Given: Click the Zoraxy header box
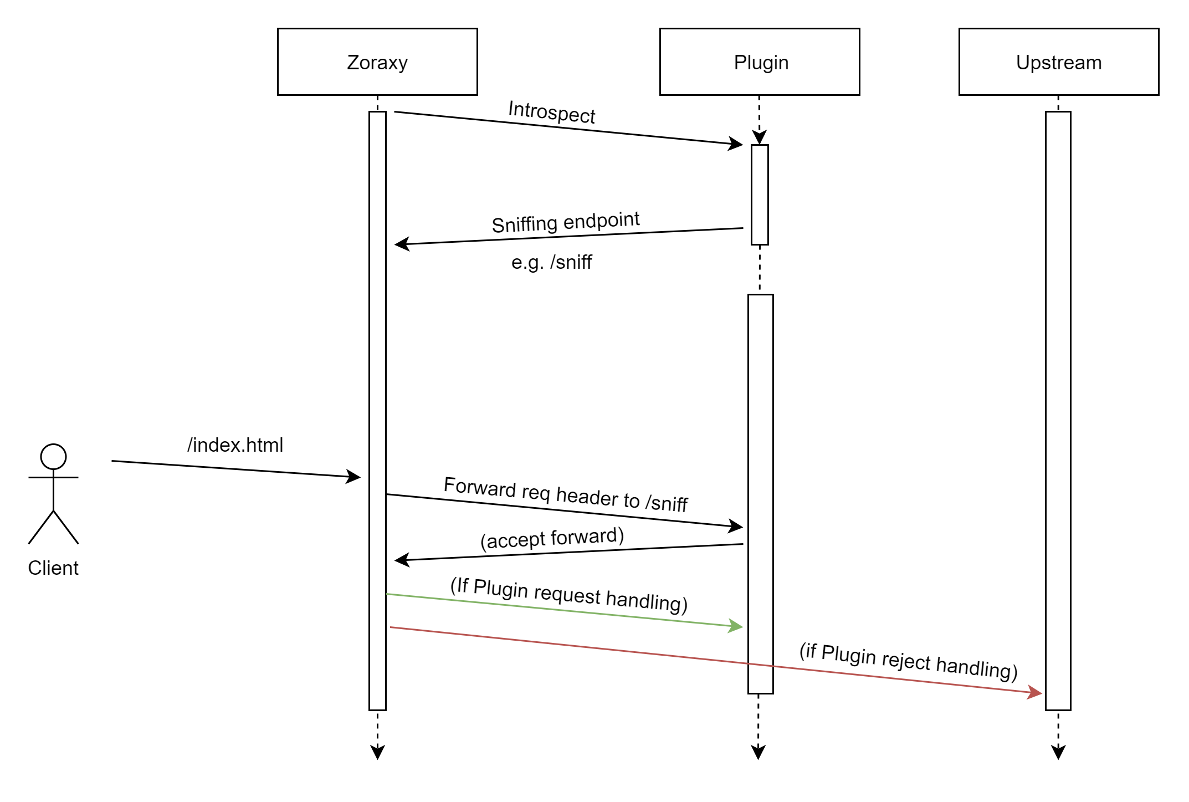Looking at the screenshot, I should pyautogui.click(x=377, y=62).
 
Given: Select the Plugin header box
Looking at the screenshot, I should pyautogui.click(x=760, y=62).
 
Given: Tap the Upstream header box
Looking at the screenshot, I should pyautogui.click(x=1058, y=62).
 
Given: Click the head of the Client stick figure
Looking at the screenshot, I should pyautogui.click(x=53, y=457).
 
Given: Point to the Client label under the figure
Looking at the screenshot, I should pyautogui.click(x=53, y=568).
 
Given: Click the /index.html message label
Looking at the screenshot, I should pyautogui.click(x=235, y=445).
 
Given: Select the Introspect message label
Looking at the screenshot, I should pyautogui.click(x=551, y=112).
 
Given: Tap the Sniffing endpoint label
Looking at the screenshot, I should pyautogui.click(x=565, y=222).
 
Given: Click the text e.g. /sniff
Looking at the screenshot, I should pyautogui.click(x=551, y=262).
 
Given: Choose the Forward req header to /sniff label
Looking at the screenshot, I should pyautogui.click(x=565, y=494).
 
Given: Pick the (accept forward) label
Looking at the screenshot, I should pyautogui.click(x=552, y=538).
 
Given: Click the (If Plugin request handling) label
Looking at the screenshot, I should pyautogui.click(x=568, y=595).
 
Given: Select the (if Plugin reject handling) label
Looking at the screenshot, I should pyautogui.click(x=908, y=661).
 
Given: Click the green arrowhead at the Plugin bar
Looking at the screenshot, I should pyautogui.click(x=736, y=626).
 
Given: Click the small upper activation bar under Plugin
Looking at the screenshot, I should pyautogui.click(x=760, y=194).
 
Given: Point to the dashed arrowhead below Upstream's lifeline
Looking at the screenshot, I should pyautogui.click(x=1058, y=753).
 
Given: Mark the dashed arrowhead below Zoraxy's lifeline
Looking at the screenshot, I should pyautogui.click(x=377, y=753).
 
